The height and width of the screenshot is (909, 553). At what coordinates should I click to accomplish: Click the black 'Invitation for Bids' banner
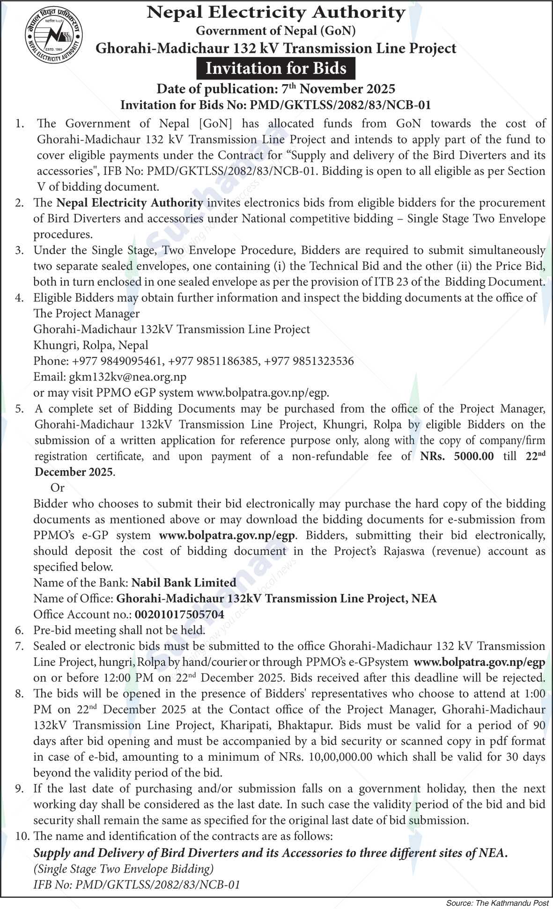(x=276, y=69)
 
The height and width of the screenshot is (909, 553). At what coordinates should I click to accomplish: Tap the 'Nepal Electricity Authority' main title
(x=276, y=13)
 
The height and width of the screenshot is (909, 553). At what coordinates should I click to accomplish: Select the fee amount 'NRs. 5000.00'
(x=457, y=457)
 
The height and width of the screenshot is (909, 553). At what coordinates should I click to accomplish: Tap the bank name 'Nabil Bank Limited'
(x=184, y=583)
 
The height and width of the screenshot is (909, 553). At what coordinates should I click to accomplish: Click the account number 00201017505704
(x=179, y=615)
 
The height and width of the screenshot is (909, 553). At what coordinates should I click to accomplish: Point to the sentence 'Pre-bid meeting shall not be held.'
(x=119, y=631)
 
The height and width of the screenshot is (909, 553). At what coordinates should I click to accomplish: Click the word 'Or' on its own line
(x=57, y=488)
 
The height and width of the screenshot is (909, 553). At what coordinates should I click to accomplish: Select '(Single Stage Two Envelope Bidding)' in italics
(x=124, y=869)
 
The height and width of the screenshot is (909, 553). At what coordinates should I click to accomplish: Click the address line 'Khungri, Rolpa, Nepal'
(x=90, y=345)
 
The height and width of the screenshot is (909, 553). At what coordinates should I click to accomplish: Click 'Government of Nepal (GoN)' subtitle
(x=276, y=31)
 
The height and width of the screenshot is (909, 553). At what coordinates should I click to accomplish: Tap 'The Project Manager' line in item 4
(x=86, y=313)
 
